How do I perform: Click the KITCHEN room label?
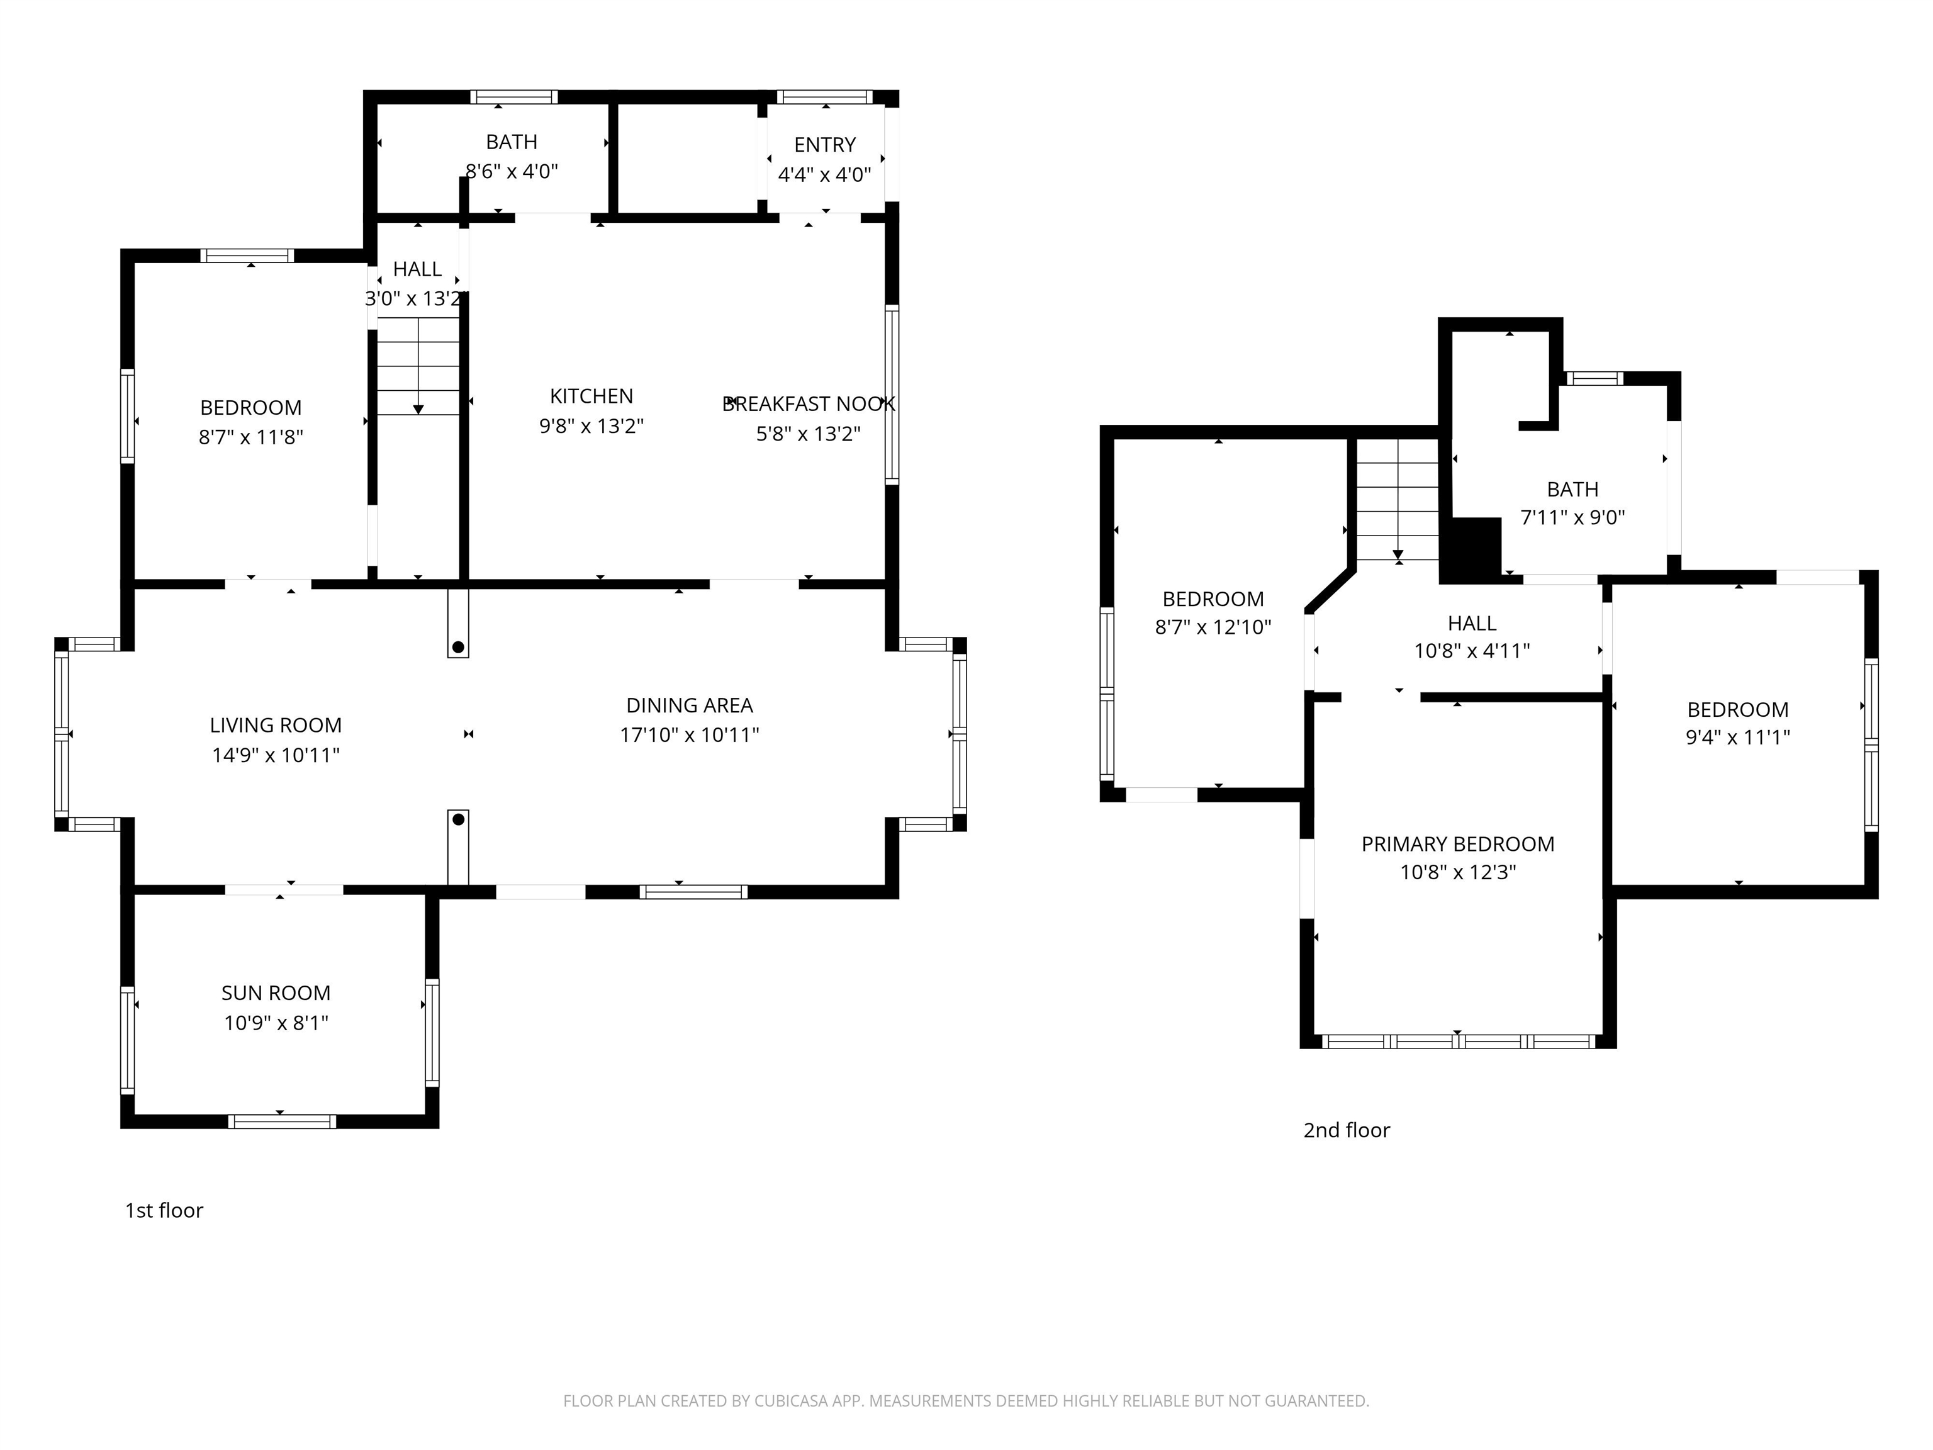click(x=591, y=396)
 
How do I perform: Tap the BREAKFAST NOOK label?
click(x=809, y=404)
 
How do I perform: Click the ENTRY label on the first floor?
click(x=824, y=145)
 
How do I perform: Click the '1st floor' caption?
click(x=164, y=1210)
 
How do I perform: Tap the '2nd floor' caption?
click(x=1346, y=1130)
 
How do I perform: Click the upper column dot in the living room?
click(x=458, y=647)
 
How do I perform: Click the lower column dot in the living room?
click(x=458, y=820)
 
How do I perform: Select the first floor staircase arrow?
click(x=418, y=408)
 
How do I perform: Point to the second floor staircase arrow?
click(x=1398, y=553)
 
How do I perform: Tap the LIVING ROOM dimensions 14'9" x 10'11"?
click(x=275, y=755)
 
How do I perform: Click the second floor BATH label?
click(x=1572, y=490)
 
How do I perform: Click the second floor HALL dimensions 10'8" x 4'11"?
click(x=1472, y=650)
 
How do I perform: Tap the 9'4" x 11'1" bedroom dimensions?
click(x=1737, y=737)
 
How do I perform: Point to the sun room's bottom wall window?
click(x=281, y=1121)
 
